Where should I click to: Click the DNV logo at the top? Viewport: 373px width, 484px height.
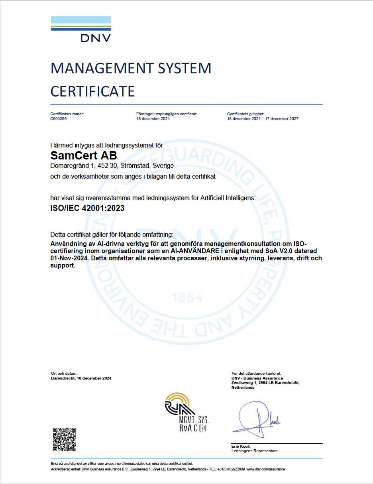[x=81, y=29]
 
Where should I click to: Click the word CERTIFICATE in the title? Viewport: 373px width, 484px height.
[x=92, y=91]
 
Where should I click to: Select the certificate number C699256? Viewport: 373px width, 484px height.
[x=59, y=119]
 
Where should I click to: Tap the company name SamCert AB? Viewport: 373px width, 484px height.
[x=84, y=155]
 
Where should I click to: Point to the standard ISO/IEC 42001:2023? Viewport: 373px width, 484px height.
[x=87, y=208]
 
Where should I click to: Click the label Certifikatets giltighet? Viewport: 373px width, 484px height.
[x=245, y=114]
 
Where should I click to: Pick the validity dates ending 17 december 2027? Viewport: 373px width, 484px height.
[x=263, y=119]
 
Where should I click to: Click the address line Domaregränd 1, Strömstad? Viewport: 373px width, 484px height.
[x=112, y=165]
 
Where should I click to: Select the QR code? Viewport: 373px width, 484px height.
[x=65, y=439]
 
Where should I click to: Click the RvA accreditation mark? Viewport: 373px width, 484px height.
[x=186, y=412]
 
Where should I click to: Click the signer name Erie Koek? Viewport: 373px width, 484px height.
[x=241, y=446]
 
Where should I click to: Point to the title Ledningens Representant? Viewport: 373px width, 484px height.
[x=254, y=451]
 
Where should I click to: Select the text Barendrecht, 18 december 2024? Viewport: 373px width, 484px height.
[x=81, y=378]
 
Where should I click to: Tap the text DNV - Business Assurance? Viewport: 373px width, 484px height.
[x=257, y=378]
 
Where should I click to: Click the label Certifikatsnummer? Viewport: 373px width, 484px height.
[x=67, y=114]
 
